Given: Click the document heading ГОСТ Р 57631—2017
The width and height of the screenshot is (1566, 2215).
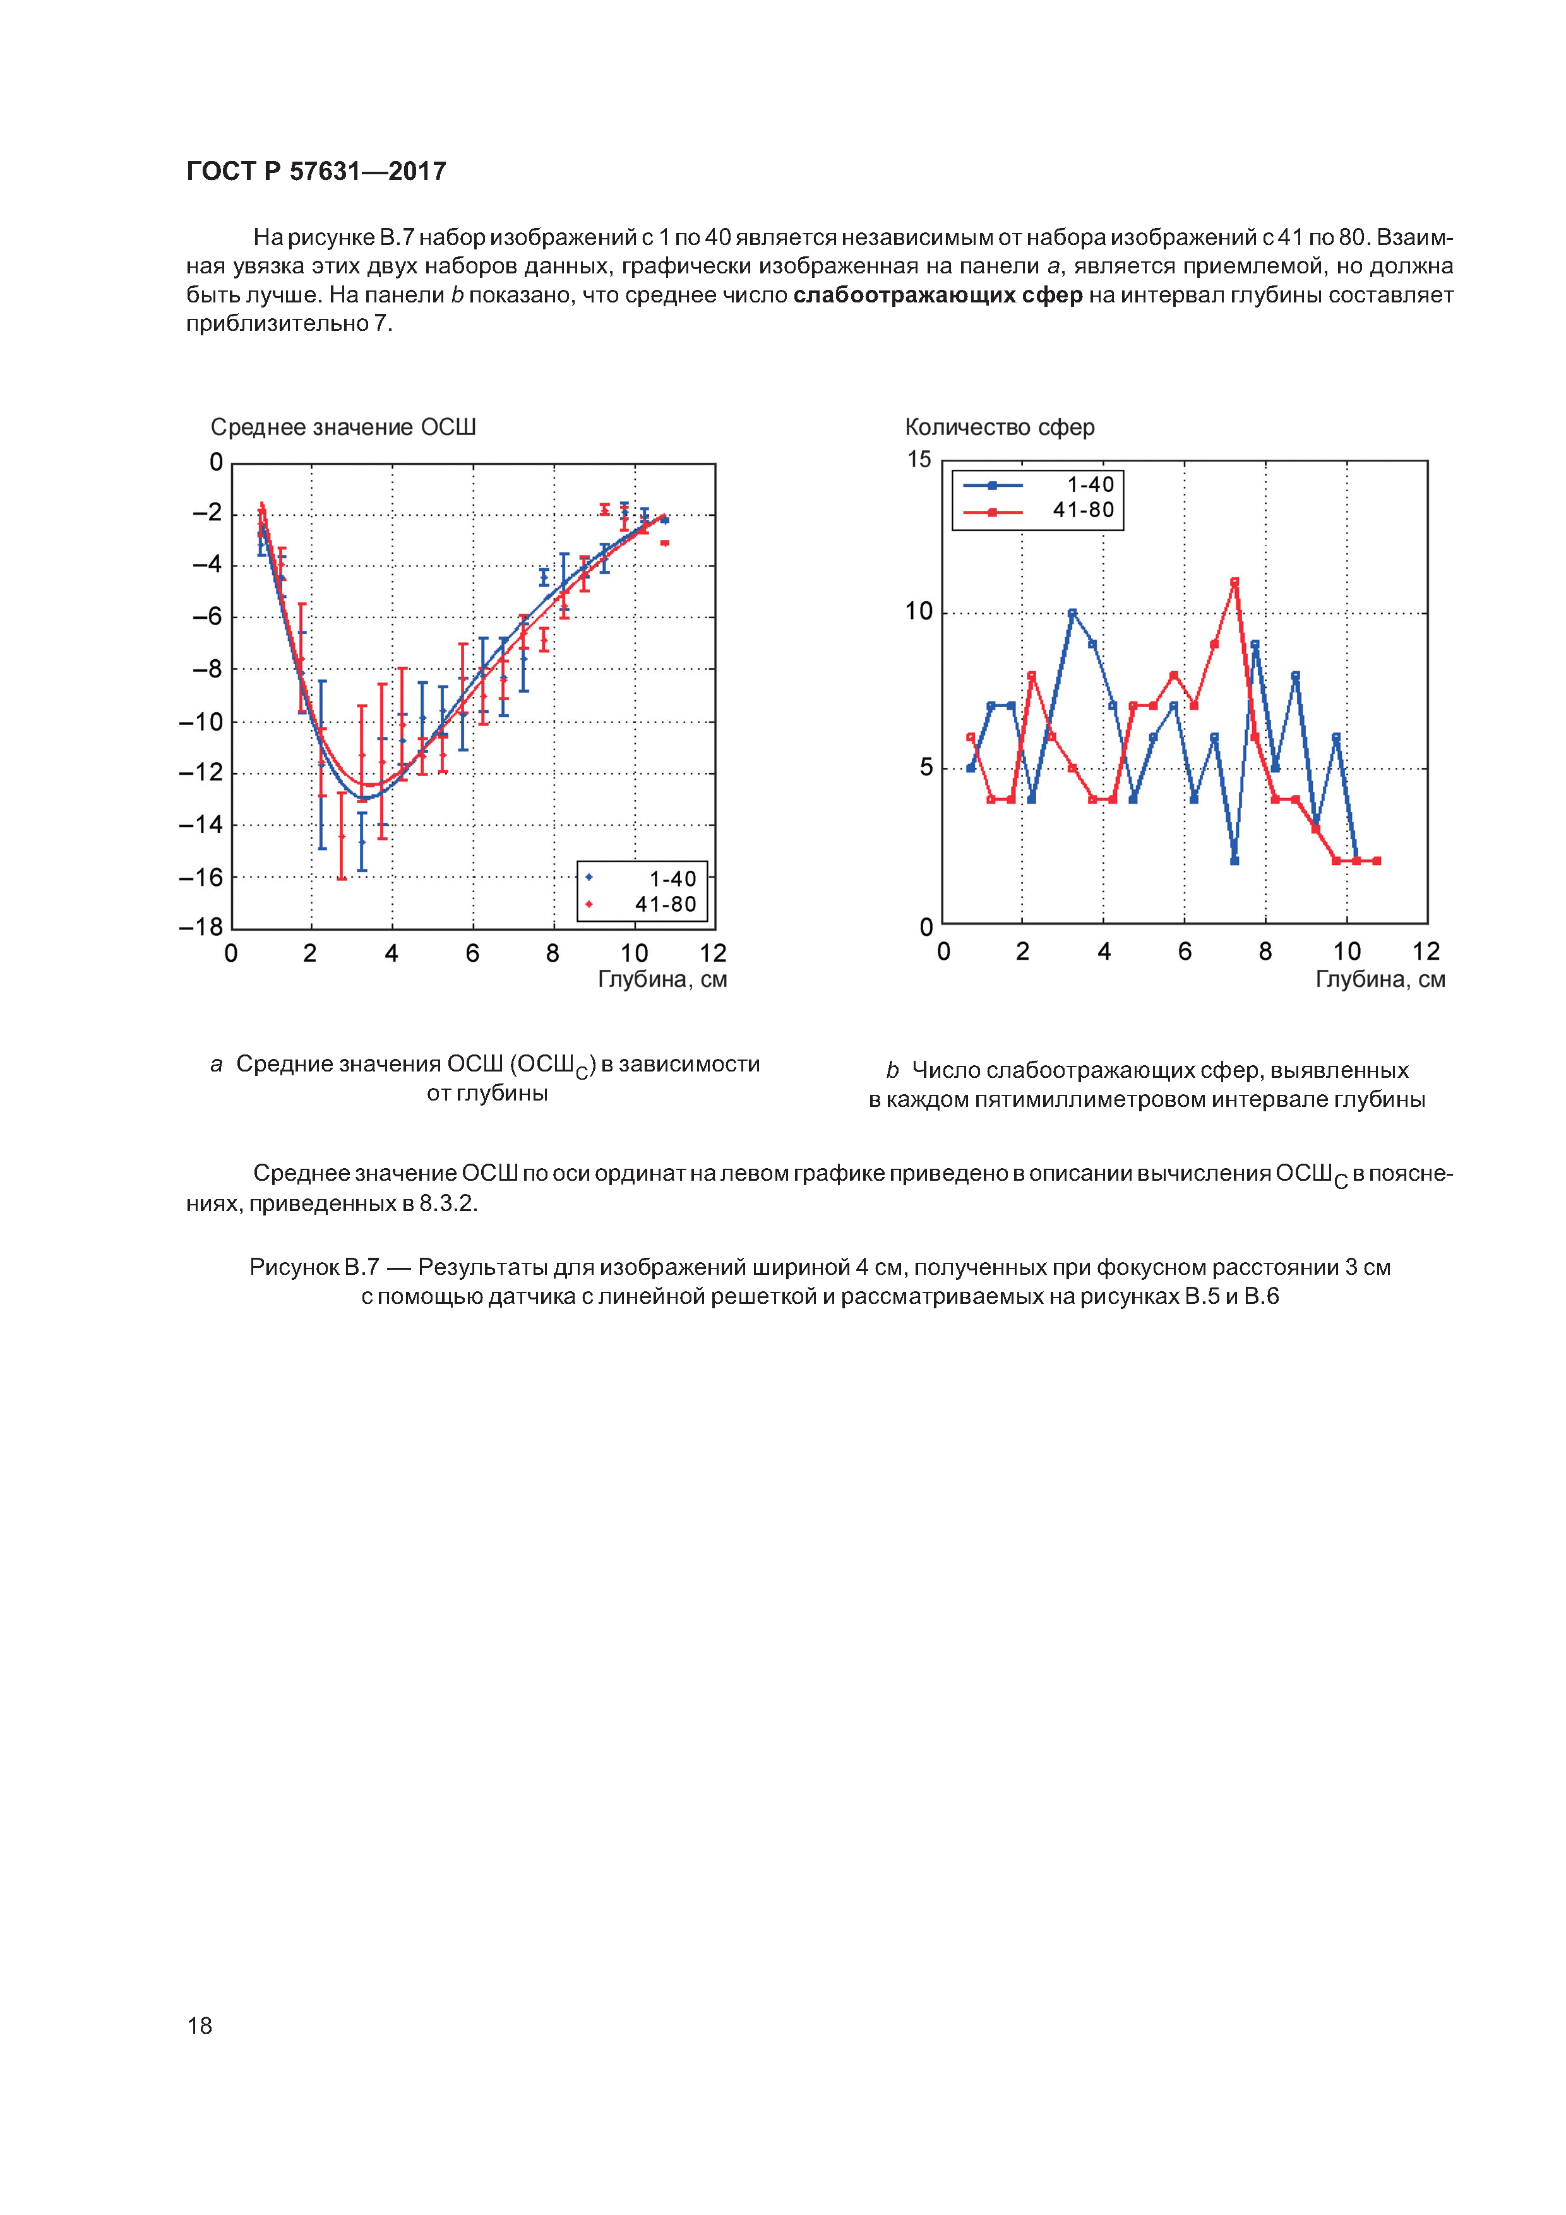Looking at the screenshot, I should pos(316,172).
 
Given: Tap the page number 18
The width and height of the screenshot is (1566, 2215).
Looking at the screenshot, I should pos(200,2025).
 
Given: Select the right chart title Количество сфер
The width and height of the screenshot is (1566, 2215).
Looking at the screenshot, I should pos(999,427).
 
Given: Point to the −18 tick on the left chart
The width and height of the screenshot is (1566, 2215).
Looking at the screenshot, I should pos(201,927).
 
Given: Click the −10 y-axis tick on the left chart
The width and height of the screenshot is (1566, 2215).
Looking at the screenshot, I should pos(201,722).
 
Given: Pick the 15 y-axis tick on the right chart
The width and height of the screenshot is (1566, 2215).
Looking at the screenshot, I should pos(919,460).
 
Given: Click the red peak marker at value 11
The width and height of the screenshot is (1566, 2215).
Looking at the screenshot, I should pos(1234,582).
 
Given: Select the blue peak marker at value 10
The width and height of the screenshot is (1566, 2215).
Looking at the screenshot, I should pos(1072,612).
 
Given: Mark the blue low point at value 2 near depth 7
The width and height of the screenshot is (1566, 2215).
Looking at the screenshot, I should pos(1234,861).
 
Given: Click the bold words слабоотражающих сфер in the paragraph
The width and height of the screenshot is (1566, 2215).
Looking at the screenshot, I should pos(937,296).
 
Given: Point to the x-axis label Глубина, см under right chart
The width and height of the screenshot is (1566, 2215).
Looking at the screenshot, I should pos(1380,980).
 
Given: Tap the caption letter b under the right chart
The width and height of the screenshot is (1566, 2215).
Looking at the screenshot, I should pos(892,1071).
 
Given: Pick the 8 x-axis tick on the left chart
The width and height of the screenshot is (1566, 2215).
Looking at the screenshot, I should pos(553,954).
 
